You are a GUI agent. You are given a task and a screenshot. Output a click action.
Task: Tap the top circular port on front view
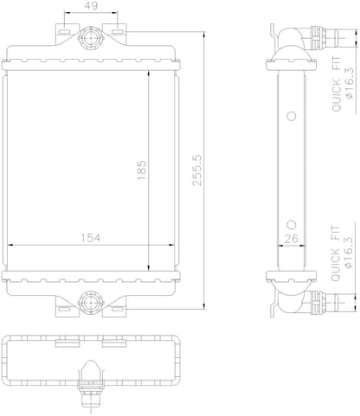(x=89, y=40)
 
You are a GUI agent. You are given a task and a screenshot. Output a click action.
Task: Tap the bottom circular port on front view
(x=89, y=301)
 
